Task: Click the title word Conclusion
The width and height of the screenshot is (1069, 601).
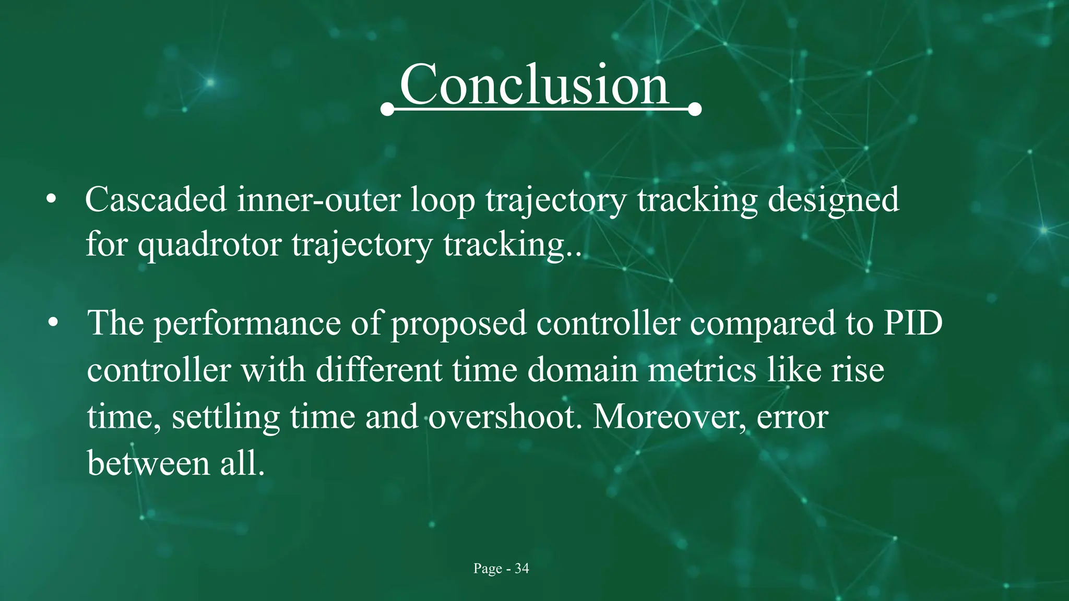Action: (x=533, y=85)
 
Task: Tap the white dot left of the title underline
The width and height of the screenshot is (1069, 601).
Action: (x=387, y=110)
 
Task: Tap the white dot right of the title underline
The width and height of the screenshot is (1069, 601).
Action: (x=695, y=110)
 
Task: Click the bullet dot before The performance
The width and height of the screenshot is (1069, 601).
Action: (x=53, y=323)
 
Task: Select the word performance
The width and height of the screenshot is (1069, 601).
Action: (x=247, y=323)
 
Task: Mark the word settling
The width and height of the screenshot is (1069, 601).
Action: (x=225, y=417)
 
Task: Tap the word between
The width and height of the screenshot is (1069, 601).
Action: (x=148, y=463)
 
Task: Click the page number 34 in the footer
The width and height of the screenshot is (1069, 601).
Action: (x=521, y=569)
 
